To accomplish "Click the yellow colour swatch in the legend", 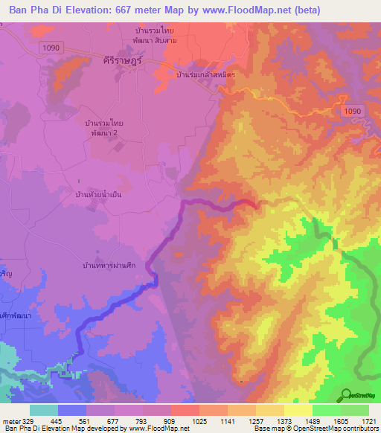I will click(x=298, y=411).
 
